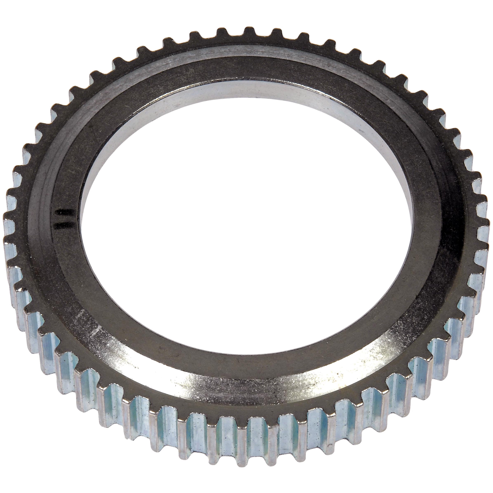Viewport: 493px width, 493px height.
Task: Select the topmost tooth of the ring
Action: (x=250, y=31)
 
